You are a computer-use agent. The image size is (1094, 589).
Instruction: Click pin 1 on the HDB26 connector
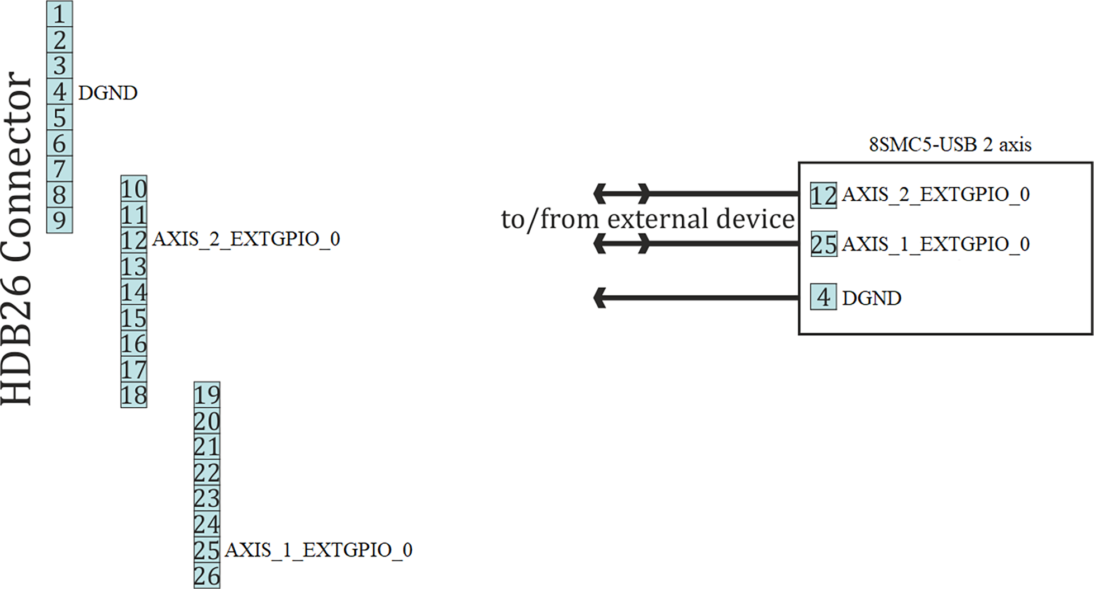tap(59, 14)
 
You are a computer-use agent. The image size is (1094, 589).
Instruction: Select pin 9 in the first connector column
tap(59, 220)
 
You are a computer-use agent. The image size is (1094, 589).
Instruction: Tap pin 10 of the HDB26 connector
tap(134, 189)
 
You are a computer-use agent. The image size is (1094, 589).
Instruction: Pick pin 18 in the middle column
tap(134, 395)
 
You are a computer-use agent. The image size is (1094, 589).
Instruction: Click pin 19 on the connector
tap(207, 395)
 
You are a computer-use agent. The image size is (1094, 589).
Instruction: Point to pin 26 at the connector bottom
tap(207, 576)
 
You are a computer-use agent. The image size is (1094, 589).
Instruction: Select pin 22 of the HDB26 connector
tap(207, 473)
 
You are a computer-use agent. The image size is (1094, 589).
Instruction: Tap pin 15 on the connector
tap(134, 318)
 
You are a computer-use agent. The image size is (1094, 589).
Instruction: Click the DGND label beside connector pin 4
tap(108, 93)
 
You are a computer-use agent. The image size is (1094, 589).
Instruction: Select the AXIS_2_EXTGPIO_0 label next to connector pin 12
tap(246, 239)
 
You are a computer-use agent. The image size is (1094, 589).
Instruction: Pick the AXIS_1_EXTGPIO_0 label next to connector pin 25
tap(318, 550)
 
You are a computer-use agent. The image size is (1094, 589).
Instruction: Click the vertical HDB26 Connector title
tap(17, 238)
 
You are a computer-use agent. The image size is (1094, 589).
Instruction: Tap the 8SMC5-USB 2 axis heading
tap(950, 145)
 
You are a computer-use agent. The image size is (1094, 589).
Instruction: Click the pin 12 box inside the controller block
tap(823, 195)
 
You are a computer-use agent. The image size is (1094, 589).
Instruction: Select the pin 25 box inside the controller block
tap(824, 244)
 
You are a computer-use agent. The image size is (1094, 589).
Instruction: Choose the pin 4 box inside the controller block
tap(823, 298)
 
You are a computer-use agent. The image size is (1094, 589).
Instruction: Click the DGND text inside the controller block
tap(872, 298)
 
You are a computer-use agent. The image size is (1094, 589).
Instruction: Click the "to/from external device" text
tap(648, 219)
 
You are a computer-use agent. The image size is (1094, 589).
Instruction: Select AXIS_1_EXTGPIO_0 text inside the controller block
tap(936, 244)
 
